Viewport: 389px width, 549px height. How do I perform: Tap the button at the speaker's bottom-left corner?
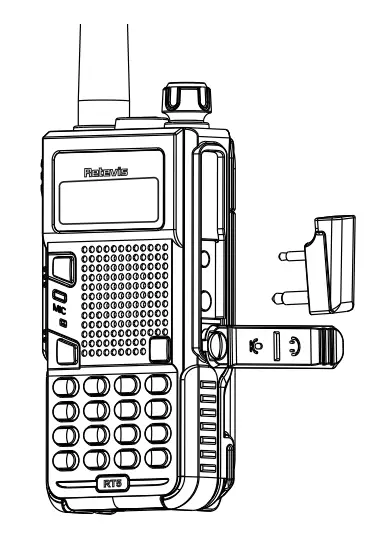point(67,351)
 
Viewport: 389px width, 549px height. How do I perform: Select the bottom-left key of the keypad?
point(68,459)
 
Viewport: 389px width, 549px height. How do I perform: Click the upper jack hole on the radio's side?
point(204,258)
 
